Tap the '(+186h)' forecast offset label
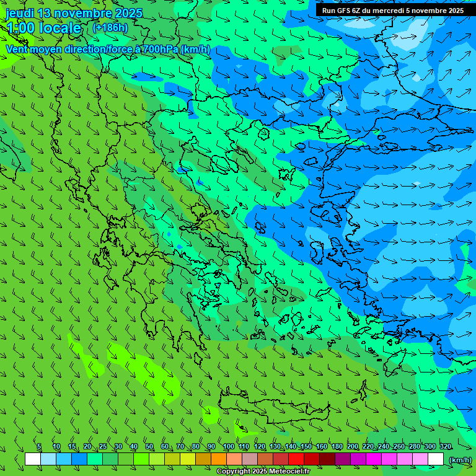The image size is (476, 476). tap(110, 27)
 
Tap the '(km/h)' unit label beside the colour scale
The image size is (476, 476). tap(459, 460)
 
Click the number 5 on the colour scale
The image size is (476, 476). tap(39, 446)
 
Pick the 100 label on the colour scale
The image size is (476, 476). tap(228, 446)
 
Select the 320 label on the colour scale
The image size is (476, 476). tap(446, 446)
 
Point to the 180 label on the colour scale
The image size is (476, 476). tap(337, 446)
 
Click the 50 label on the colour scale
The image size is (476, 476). tap(149, 446)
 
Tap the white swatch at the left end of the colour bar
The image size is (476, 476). tap(33, 459)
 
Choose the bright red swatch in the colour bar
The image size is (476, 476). tap(296, 459)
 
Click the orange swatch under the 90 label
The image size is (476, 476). tap(219, 459)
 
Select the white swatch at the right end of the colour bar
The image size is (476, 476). tap(436, 459)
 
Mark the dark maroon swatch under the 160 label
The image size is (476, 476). tap(327, 459)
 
